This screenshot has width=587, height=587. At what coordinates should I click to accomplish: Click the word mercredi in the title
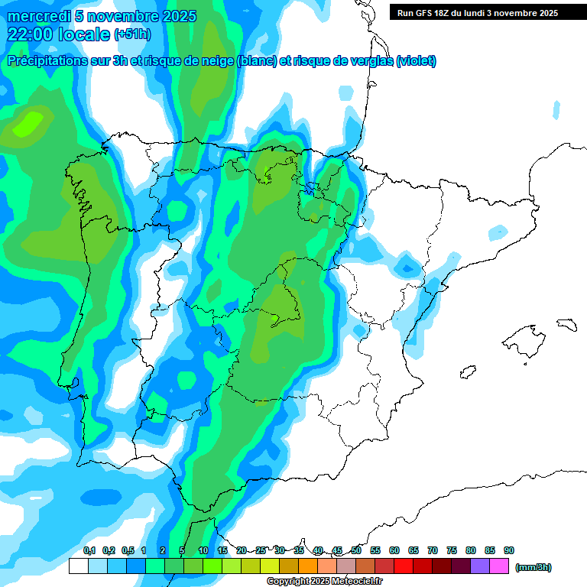coord(36,16)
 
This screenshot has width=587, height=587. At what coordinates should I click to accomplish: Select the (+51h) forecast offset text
coord(132,34)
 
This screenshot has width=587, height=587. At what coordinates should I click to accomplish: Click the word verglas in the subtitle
coord(370,61)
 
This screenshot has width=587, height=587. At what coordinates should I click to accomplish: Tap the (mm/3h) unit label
coord(533,567)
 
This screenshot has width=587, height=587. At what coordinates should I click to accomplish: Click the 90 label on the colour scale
coord(509,550)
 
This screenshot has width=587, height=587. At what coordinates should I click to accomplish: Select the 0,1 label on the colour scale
coord(89,550)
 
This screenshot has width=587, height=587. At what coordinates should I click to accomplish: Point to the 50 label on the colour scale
coord(356,550)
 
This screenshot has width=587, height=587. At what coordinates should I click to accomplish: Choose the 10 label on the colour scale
coord(203,550)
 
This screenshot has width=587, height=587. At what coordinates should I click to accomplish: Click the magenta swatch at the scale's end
coord(499,566)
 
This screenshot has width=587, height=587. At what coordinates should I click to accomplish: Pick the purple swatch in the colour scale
coord(480,566)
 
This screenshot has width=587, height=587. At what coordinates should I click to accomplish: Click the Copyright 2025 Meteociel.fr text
coord(325,582)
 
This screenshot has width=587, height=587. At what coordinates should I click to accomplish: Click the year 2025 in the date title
coord(177,16)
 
